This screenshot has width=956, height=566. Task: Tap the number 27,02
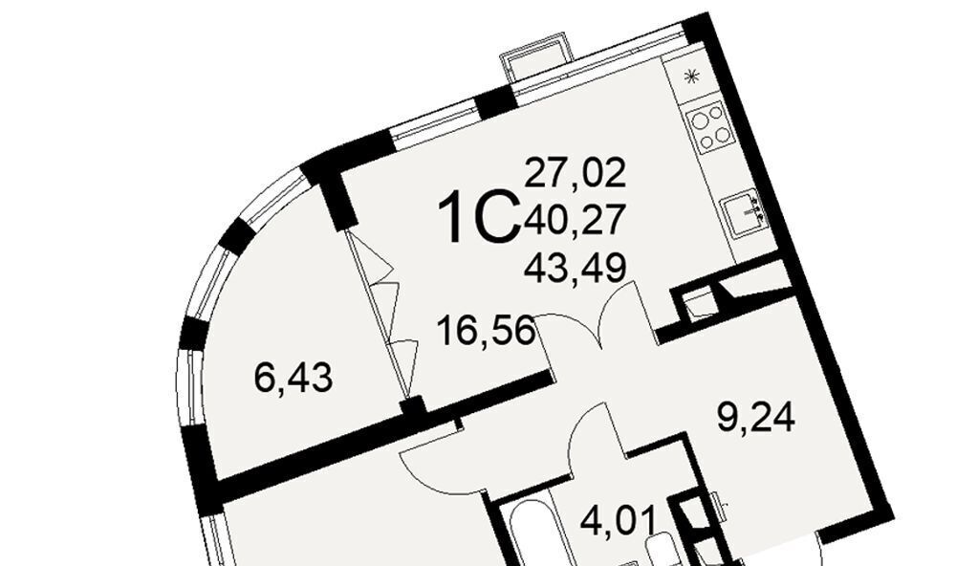575,172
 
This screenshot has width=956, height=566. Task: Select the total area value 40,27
575,219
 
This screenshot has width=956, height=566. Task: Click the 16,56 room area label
487,331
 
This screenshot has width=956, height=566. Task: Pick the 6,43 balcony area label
293,379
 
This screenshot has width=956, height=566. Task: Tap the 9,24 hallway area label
756,419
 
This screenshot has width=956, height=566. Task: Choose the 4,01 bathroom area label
619,520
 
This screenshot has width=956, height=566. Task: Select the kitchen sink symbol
745,213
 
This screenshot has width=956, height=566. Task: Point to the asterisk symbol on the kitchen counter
691,76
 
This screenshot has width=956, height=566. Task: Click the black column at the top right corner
696,28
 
